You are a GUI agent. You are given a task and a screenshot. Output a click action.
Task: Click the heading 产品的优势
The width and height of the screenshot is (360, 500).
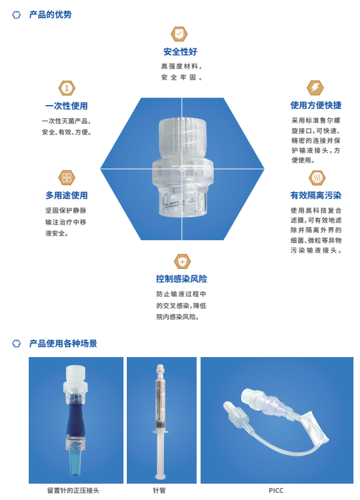point(49,14)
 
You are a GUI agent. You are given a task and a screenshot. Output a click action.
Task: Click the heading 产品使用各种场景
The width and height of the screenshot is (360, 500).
point(63,343)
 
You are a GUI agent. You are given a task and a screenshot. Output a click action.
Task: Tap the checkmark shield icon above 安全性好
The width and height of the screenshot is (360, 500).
point(180,34)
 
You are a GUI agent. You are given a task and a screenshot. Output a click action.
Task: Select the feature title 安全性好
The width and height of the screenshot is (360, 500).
point(180,52)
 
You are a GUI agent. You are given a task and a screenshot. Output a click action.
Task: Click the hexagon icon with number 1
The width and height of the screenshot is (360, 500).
point(67,87)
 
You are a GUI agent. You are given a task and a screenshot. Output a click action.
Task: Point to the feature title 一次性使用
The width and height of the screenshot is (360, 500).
point(67,106)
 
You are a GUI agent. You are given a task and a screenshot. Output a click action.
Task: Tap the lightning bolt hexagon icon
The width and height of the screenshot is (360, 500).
point(316,87)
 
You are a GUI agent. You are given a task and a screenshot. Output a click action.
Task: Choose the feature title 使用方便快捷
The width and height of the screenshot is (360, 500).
point(316,106)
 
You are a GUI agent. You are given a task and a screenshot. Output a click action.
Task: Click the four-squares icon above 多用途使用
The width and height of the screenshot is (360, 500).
point(67,177)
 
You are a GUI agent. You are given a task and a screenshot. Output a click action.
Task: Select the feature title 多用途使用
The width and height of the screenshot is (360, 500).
point(67,195)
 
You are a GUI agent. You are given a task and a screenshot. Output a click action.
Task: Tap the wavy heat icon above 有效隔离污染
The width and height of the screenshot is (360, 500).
point(316,177)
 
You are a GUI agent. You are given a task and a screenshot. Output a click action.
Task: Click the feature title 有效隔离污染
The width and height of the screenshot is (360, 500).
point(316,195)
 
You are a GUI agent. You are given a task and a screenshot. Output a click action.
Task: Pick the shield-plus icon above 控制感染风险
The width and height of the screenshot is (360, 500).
point(182,262)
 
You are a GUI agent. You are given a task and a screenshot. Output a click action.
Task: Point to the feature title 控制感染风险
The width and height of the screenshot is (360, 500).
point(182,279)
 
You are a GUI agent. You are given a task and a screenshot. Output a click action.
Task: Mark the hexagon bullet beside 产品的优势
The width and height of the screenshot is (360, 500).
point(16,14)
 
